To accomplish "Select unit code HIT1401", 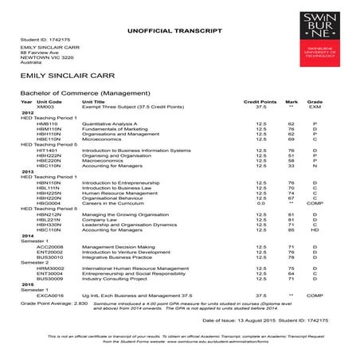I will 47,149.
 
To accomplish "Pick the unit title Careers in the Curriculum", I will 113,202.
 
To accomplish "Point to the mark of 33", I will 292,165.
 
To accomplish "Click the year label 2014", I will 27,237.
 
